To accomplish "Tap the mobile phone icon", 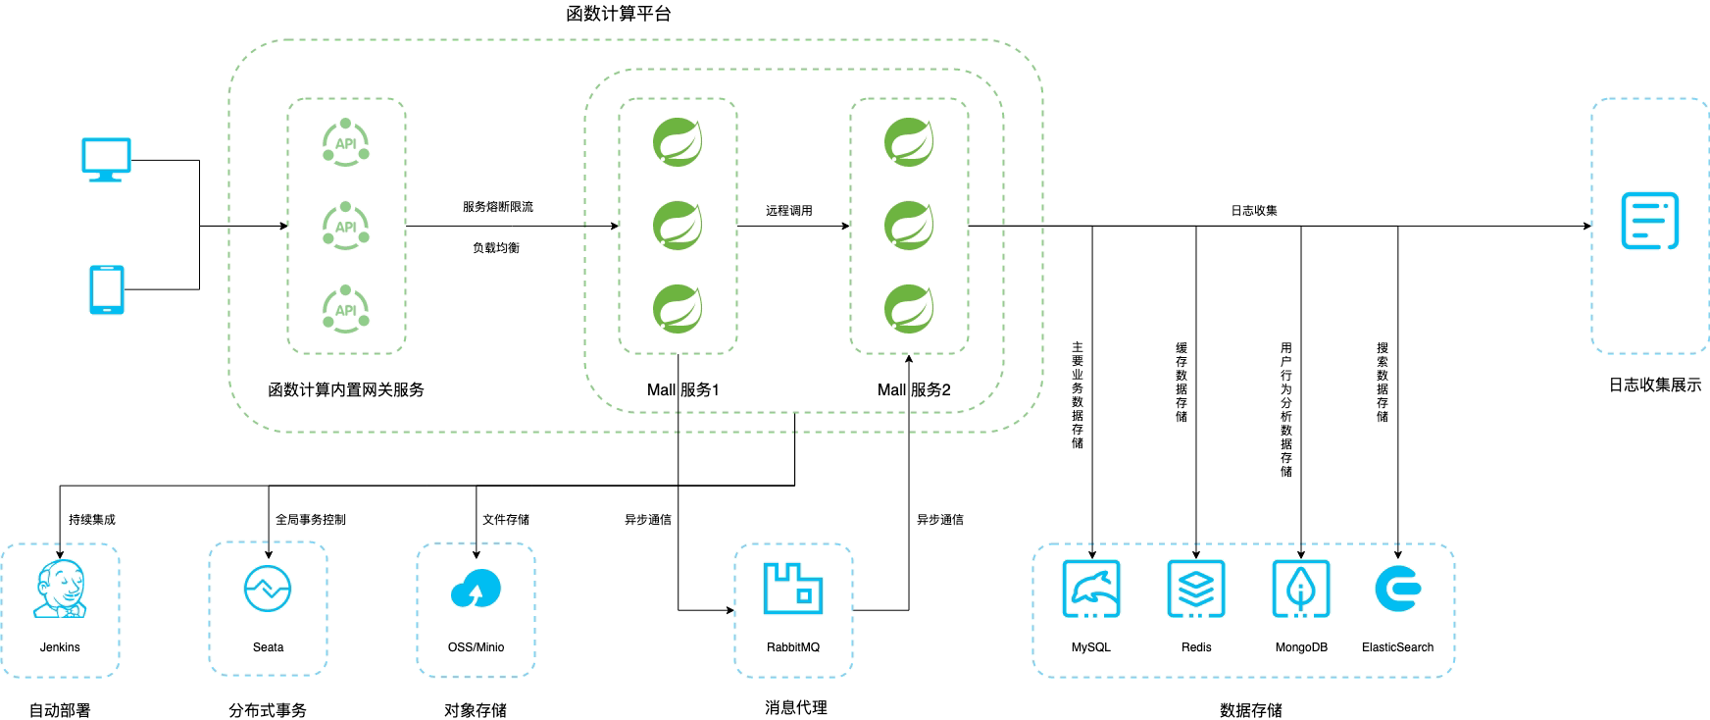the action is coord(107,289).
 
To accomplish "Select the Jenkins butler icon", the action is coord(60,590).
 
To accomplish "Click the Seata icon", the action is coord(268,589).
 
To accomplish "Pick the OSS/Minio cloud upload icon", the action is coord(476,589).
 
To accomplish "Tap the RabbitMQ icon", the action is coord(793,589).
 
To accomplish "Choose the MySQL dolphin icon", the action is coord(1091,589).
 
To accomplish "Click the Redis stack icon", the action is coord(1196,589).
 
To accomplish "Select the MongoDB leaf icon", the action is coord(1301,589).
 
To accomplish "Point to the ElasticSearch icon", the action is coord(1398,589).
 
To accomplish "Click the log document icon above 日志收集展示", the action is coord(1650,221).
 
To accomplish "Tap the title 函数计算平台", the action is coord(619,14).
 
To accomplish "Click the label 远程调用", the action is coord(789,211).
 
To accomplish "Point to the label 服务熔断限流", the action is coord(498,207).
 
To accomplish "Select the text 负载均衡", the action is coord(496,248).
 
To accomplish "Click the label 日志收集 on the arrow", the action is coord(1254,211).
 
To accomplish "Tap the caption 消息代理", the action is coord(796,707).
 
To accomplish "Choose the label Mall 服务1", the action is coord(683,389).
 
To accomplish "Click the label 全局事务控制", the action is coord(311,520).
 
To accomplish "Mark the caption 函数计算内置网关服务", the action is coord(346,389).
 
